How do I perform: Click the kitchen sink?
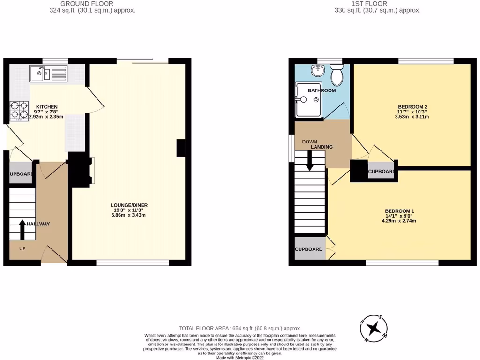[48, 73]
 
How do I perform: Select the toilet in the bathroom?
[337, 74]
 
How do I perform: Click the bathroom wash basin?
[318, 71]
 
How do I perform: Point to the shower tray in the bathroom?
[307, 99]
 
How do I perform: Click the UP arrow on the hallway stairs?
[22, 228]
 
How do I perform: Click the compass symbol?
[374, 328]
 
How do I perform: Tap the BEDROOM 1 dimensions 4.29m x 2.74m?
[400, 221]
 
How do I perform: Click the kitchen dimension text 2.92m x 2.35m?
[46, 117]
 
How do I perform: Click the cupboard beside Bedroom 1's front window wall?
[309, 249]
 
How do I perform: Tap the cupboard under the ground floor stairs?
[21, 174]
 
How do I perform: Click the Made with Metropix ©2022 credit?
[240, 357]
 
